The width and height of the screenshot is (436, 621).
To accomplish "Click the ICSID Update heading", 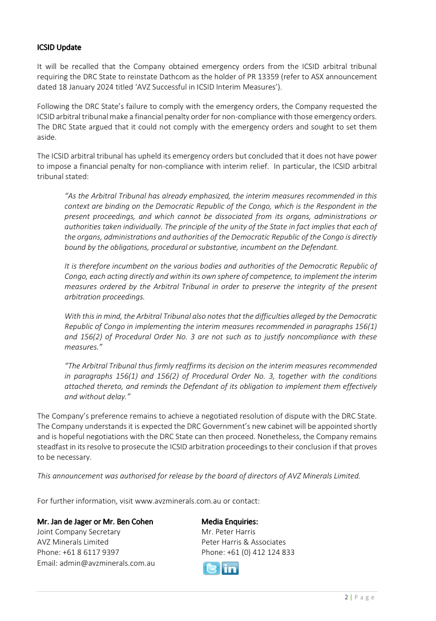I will (59, 47).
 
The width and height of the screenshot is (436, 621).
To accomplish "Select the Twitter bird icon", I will (211, 568).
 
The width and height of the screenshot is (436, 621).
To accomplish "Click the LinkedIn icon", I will (230, 568).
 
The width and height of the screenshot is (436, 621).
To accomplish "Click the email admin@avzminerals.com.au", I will (96, 563).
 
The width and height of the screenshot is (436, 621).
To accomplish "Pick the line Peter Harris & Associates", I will (244, 542).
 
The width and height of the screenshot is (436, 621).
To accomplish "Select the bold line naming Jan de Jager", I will (95, 521).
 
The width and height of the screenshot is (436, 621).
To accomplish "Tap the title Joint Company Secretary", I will (79, 531).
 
